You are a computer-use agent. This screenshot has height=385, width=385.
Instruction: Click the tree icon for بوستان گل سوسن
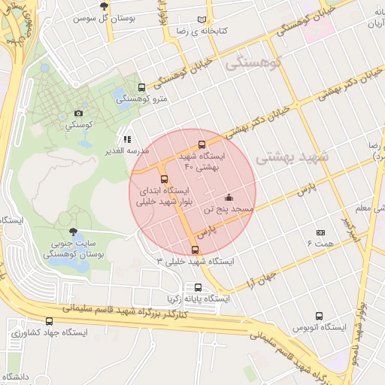(x=114, y=6)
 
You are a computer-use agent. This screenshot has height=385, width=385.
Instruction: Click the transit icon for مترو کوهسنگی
(x=142, y=86)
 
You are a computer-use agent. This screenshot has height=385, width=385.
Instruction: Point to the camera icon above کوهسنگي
(x=79, y=114)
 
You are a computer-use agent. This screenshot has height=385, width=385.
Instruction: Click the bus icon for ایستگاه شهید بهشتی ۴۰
(x=201, y=144)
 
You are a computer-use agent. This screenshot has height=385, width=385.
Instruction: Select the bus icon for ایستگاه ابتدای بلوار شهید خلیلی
(x=165, y=178)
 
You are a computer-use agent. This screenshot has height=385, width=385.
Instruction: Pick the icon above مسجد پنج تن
(x=229, y=197)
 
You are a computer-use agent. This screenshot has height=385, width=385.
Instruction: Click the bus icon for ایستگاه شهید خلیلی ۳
(x=196, y=250)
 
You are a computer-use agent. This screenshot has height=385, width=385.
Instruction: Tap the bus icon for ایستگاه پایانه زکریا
(x=199, y=286)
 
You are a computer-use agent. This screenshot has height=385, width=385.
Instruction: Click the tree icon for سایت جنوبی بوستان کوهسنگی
(x=72, y=232)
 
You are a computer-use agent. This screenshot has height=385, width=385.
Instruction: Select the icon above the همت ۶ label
(x=320, y=233)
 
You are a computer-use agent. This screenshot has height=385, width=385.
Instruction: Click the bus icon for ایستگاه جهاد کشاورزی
(x=50, y=321)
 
